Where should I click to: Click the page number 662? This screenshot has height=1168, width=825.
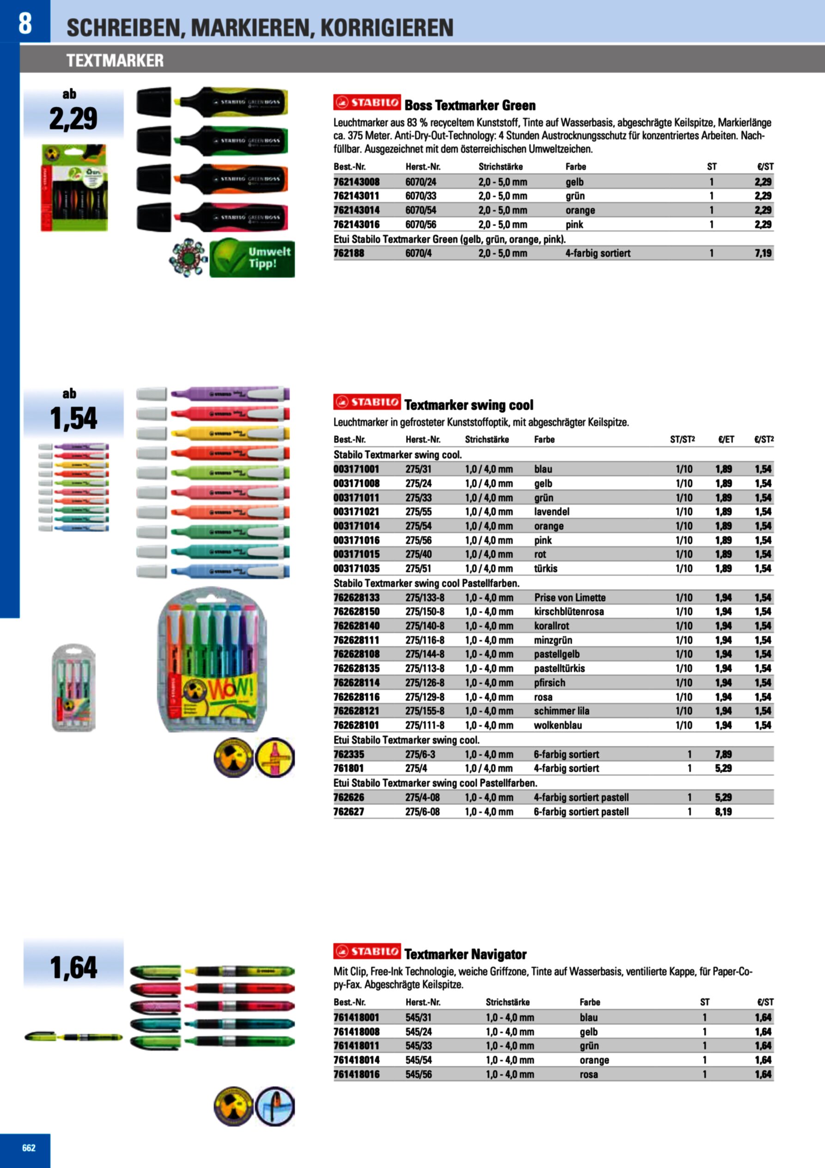pos(29,1147)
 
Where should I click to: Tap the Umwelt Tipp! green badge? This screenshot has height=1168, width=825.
pos(252,258)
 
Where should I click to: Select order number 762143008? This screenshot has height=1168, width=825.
pos(356,182)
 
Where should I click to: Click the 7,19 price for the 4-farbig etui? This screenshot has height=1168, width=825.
pos(763,253)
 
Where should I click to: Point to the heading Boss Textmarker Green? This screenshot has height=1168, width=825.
pos(470,106)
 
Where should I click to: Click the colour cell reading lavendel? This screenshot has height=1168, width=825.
pos(552,512)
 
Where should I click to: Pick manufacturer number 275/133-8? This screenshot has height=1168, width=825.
pos(425,598)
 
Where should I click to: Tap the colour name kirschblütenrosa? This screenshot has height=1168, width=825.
pos(569,611)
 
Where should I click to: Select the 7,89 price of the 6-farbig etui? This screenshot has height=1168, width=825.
pos(723,755)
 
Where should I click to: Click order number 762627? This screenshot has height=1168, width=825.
pos(349,812)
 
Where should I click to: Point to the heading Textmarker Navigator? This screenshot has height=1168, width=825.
pos(465,954)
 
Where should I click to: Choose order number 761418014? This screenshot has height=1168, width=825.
pos(356,1060)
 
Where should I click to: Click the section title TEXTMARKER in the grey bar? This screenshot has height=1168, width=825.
pos(115,61)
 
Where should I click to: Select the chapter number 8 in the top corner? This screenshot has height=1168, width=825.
pos(25,23)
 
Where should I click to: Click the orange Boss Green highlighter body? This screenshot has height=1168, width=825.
pos(234,179)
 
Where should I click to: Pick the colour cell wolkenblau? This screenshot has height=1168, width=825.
pos(558,725)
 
